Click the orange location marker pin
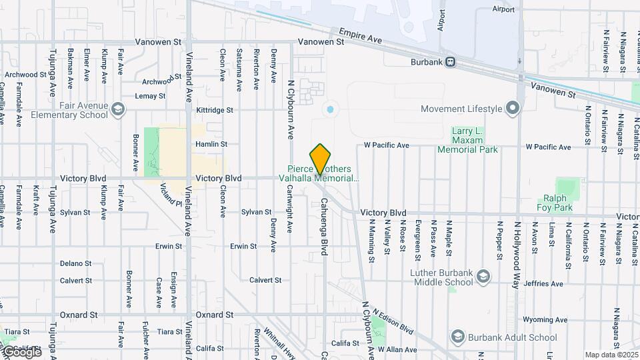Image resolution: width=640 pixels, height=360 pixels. (x=321, y=159)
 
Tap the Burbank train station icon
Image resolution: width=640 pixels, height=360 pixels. (x=451, y=62)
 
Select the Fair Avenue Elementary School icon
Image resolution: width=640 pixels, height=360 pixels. (x=118, y=109)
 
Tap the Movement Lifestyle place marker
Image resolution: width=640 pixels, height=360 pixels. (x=512, y=108)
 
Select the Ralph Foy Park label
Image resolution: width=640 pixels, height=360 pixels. (x=555, y=203)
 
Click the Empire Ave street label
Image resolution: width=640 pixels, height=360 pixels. (x=360, y=36)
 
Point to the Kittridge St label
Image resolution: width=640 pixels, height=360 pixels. (x=215, y=110)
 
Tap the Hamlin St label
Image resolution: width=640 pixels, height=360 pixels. (x=211, y=144)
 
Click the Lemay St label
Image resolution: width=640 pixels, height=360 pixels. (x=150, y=96)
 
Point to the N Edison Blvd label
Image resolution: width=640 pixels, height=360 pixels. (x=393, y=322)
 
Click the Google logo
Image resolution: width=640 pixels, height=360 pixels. (x=21, y=352)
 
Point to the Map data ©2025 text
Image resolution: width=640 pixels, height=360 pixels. (x=611, y=355)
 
